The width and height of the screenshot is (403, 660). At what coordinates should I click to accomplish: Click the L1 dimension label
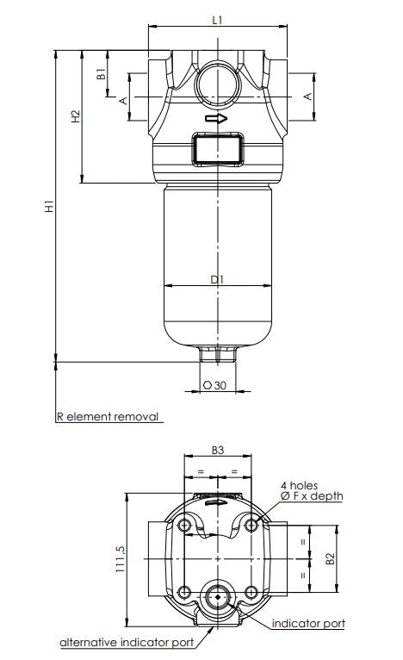click(x=217, y=19)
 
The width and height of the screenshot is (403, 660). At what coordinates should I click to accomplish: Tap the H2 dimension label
click(x=76, y=115)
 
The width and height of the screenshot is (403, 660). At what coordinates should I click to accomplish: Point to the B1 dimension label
click(x=102, y=75)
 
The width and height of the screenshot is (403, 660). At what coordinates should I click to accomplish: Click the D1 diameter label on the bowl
click(x=217, y=279)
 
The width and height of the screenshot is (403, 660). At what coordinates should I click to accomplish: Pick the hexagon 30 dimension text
click(x=214, y=386)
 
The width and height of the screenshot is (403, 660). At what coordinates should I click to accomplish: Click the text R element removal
click(x=108, y=417)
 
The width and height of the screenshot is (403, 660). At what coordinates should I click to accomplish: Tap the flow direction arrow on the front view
click(x=217, y=118)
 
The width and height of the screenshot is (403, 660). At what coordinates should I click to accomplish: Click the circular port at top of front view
click(x=217, y=84)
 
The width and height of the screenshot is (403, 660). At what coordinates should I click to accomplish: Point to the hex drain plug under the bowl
click(x=217, y=353)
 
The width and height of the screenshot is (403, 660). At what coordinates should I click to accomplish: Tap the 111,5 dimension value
click(x=121, y=557)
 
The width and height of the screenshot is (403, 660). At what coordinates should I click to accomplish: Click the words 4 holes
click(x=300, y=486)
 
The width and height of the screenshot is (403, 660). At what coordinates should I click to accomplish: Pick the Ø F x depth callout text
click(x=311, y=496)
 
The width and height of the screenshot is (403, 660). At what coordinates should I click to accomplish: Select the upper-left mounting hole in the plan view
click(x=185, y=525)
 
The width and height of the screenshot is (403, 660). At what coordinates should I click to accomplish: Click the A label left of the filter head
click(x=123, y=100)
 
